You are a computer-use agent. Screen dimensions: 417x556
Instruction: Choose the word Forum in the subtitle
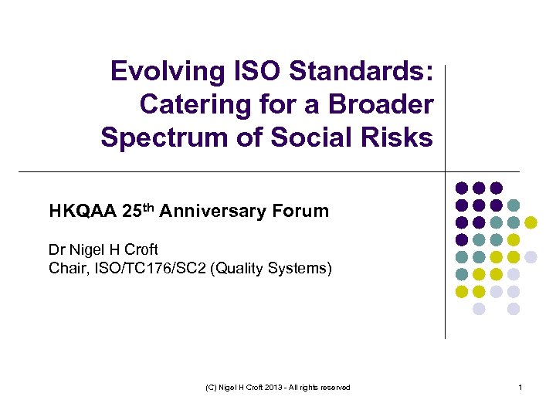[304, 211]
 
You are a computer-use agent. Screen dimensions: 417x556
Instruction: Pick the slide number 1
[521, 387]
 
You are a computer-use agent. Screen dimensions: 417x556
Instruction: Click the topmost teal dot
[514, 205]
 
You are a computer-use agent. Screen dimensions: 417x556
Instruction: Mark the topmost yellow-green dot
[531, 222]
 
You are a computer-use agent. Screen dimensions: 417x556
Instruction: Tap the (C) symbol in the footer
[212, 387]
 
